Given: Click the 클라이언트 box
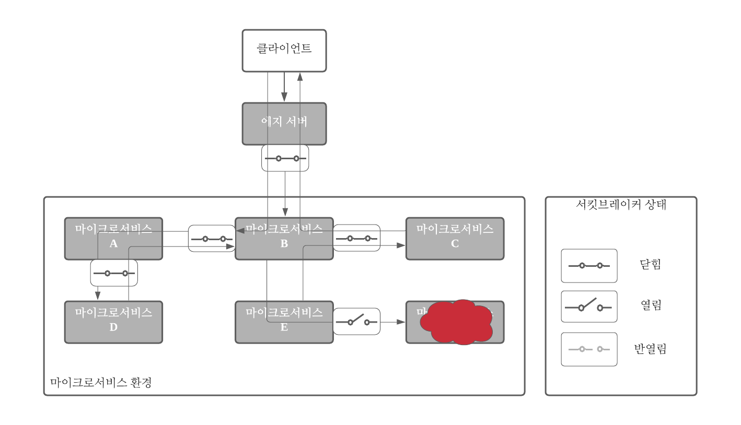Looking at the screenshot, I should tap(284, 50).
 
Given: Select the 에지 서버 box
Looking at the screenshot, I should tap(284, 123).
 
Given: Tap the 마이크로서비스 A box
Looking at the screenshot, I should tap(113, 238).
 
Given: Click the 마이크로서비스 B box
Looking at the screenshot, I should tap(284, 238).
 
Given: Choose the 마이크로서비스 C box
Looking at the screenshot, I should tap(455, 238).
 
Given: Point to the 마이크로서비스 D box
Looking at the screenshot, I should tap(113, 322).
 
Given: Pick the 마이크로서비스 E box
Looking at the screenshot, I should tap(284, 322).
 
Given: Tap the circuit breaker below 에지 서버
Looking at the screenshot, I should tap(285, 158).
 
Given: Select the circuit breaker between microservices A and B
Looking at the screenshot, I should tap(211, 239).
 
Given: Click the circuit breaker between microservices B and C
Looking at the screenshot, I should tap(356, 238).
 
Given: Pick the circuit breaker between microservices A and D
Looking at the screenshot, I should tap(114, 273).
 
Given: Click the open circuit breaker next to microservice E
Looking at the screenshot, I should tap(356, 322).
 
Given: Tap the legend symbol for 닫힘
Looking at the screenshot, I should tap(589, 265).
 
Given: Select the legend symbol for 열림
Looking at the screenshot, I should tap(589, 307).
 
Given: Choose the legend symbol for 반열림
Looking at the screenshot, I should tap(589, 349).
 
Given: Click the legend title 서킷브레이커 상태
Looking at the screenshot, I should tap(621, 205).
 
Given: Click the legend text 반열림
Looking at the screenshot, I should tap(649, 349).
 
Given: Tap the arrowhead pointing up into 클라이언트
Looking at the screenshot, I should tap(300, 76).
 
